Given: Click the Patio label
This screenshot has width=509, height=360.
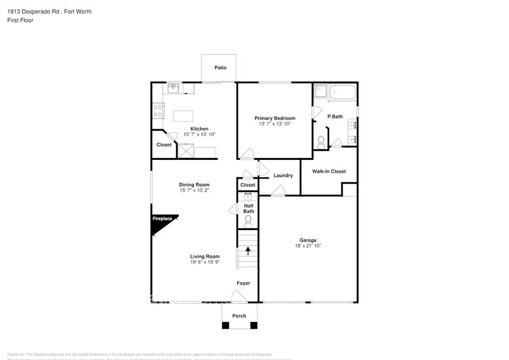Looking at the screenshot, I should (x=220, y=68).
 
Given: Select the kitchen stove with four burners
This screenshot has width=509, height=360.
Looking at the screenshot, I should (x=158, y=110).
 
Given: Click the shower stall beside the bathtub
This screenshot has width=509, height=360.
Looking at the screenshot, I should (x=320, y=92).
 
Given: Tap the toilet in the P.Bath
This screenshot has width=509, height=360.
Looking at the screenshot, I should (x=321, y=141).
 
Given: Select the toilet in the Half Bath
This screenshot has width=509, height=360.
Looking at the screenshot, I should (x=248, y=221).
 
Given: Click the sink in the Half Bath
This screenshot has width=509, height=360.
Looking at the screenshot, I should (x=248, y=197).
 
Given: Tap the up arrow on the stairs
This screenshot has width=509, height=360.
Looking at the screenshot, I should (x=248, y=250).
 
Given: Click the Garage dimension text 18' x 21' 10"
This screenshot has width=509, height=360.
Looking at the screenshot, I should (x=307, y=246).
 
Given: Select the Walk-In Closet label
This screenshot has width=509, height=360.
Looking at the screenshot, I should (x=329, y=171).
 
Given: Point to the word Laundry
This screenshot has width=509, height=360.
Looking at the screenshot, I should (x=283, y=176).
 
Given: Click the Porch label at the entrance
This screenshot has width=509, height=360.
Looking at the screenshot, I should (x=239, y=316).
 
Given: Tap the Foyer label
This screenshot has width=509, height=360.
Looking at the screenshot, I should (x=244, y=283).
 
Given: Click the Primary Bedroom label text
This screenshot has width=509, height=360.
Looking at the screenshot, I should (x=275, y=118).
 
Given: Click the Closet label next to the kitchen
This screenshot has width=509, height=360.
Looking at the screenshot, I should (x=164, y=145).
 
